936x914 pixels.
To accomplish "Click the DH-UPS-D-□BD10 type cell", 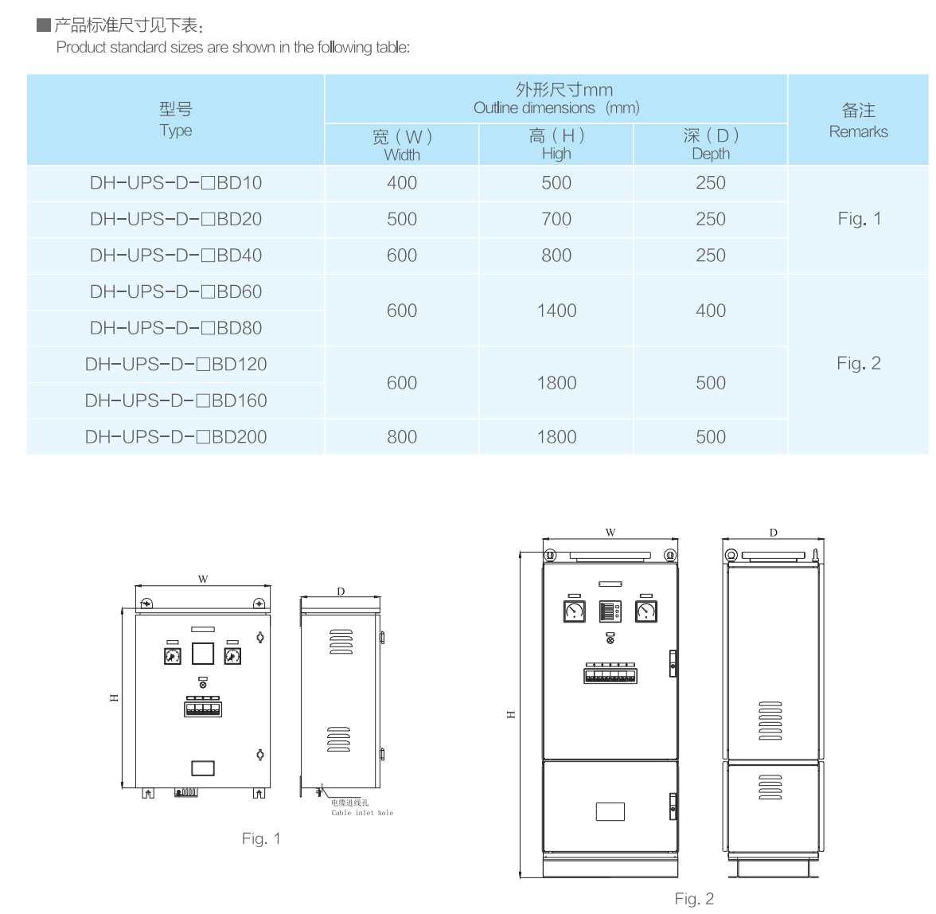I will point(176,183).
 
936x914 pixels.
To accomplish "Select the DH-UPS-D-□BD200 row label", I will point(176,437).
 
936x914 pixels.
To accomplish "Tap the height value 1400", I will point(556,311).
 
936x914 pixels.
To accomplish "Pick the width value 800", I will point(402,437).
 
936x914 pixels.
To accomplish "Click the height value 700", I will point(556,219).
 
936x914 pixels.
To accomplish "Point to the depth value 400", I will point(711,311).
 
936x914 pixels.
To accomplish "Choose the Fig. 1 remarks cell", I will point(859,219).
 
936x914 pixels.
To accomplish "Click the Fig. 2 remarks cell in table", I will point(859,364).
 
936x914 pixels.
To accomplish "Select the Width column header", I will point(402,145).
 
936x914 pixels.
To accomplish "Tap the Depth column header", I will point(711,145).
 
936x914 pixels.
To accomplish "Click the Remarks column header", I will point(859,120).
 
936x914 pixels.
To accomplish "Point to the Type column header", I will point(176,119).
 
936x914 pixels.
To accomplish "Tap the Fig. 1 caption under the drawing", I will point(261,838).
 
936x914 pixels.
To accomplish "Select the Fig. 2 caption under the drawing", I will point(694,899).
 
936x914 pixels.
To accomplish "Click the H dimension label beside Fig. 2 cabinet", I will point(511,714).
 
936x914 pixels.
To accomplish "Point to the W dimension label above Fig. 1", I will point(203,580).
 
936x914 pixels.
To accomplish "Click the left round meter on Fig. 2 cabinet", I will point(575,611).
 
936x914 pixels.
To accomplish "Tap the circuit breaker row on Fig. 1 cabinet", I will point(203,707).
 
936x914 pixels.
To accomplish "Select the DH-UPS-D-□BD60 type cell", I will point(176,292).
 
